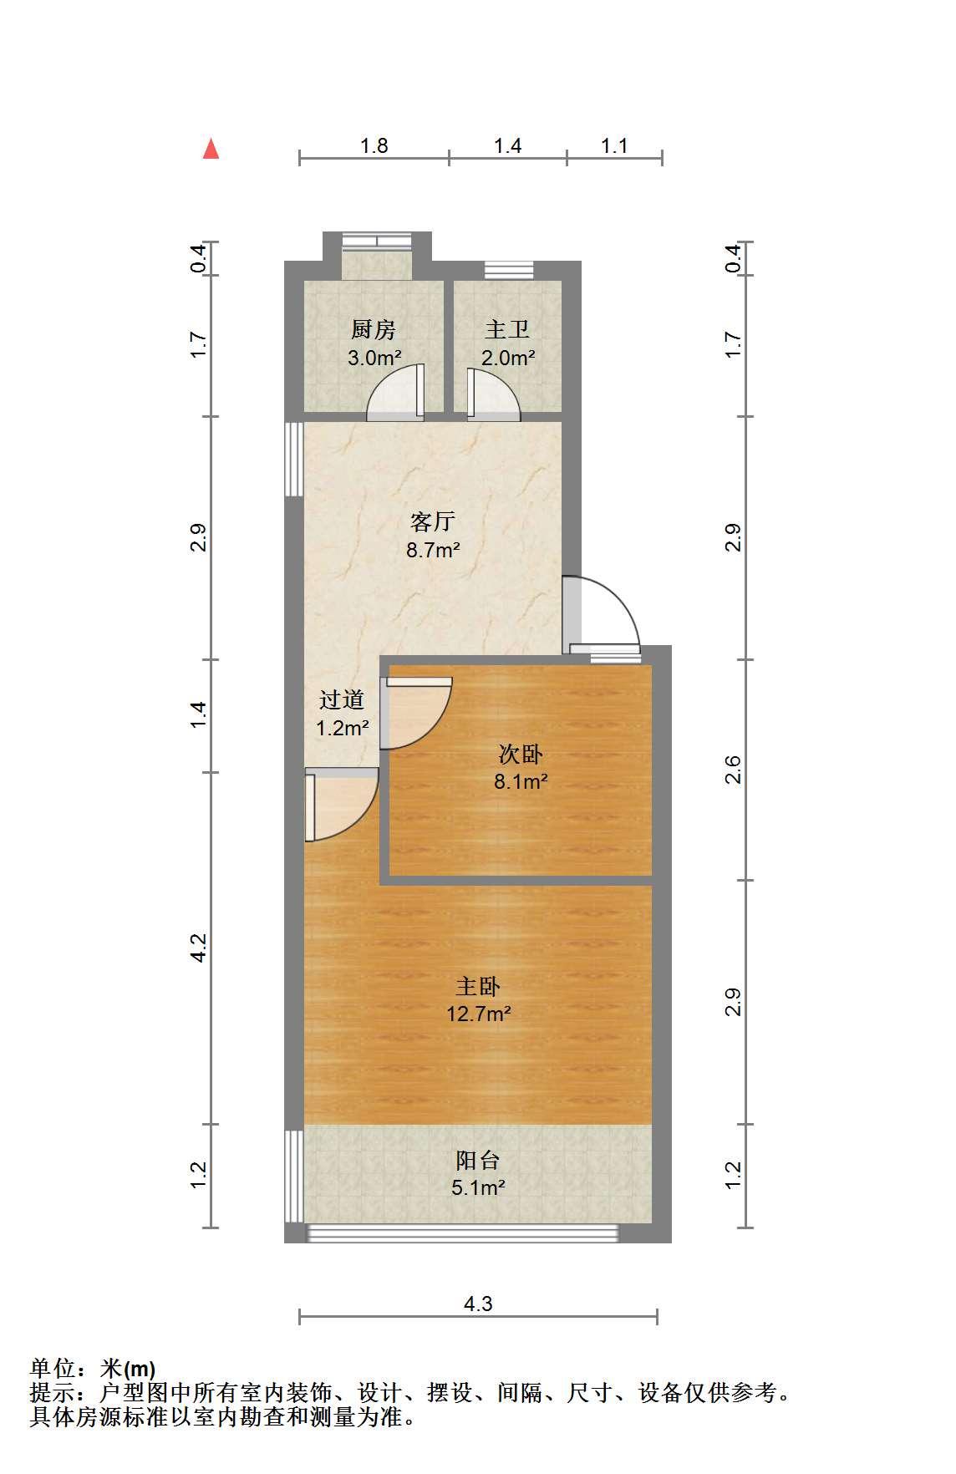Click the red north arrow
point(211,149)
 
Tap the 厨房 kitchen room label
point(373,330)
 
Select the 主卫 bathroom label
point(507,330)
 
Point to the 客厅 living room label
point(433,522)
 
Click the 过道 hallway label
point(342,699)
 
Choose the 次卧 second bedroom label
point(520,755)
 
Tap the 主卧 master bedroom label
point(478,987)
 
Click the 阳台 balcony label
point(478,1160)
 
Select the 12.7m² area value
point(479,1014)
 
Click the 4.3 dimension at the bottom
point(478,1304)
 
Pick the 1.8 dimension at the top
point(374,145)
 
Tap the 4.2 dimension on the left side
point(199,948)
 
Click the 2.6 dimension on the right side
point(733,770)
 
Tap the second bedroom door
point(416,713)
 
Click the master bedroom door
point(342,804)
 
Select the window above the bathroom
point(509,269)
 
